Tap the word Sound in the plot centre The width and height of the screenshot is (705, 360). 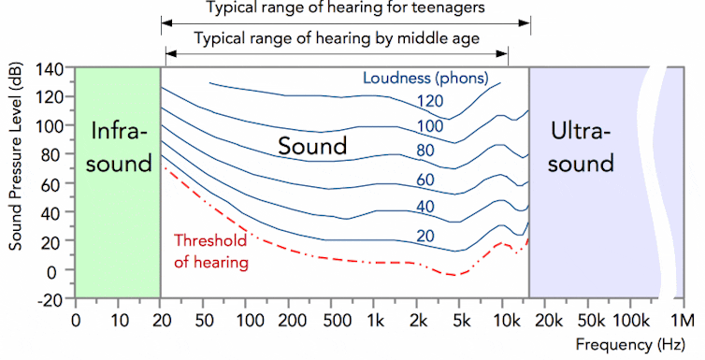click(313, 146)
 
